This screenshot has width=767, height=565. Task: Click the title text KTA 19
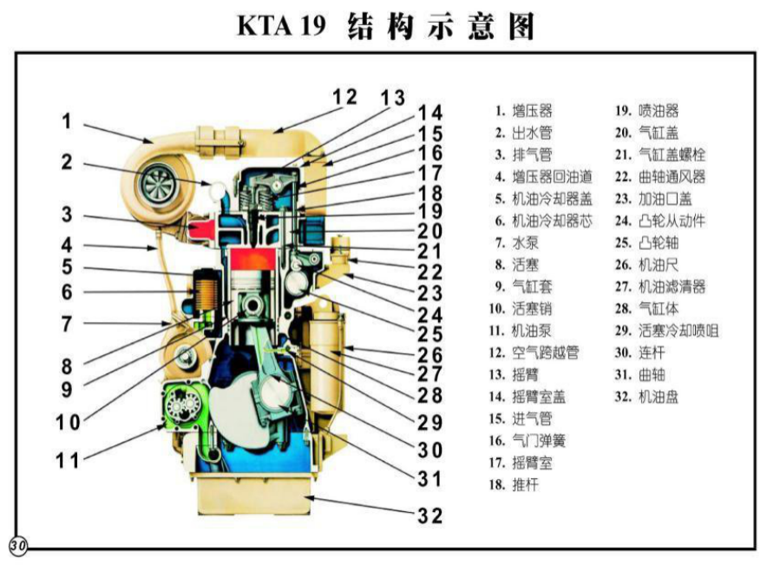tap(281, 26)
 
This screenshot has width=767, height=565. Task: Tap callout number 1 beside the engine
tap(66, 122)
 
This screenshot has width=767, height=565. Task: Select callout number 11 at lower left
tap(67, 459)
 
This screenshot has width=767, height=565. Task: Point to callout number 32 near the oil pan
tap(429, 515)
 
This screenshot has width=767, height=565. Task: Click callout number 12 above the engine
tap(345, 95)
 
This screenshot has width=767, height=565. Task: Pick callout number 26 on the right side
tap(429, 355)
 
